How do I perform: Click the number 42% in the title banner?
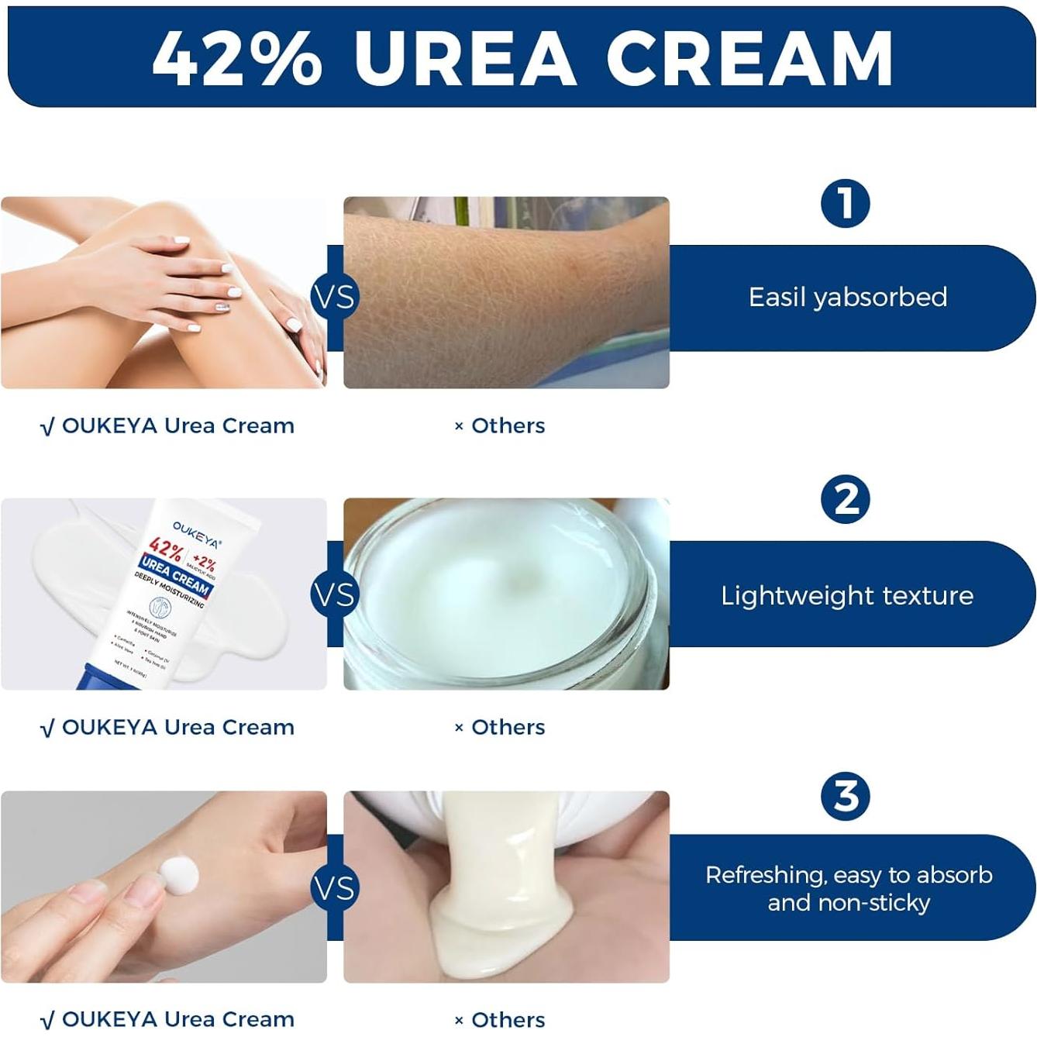pyautogui.click(x=236, y=59)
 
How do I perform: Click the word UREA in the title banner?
pyautogui.click(x=466, y=59)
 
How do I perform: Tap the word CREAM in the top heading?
pyautogui.click(x=749, y=59)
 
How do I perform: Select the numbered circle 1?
pyautogui.click(x=845, y=204)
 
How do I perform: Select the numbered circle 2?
pyautogui.click(x=845, y=499)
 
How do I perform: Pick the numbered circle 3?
pyautogui.click(x=845, y=796)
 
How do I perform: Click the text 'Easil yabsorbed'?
pyautogui.click(x=847, y=298)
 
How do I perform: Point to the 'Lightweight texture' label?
pyautogui.click(x=847, y=595)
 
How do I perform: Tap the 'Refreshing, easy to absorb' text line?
pyautogui.click(x=849, y=875)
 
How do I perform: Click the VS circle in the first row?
pyautogui.click(x=335, y=297)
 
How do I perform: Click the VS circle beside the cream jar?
pyautogui.click(x=335, y=594)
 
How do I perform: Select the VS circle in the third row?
pyautogui.click(x=335, y=888)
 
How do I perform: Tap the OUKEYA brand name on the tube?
pyautogui.click(x=196, y=534)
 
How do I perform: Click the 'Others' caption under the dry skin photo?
pyautogui.click(x=508, y=425)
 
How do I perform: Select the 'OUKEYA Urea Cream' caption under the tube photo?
pyautogui.click(x=177, y=727)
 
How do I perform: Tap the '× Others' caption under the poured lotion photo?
pyautogui.click(x=500, y=1020)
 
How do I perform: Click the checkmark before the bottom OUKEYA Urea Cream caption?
pyautogui.click(x=47, y=1020)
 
